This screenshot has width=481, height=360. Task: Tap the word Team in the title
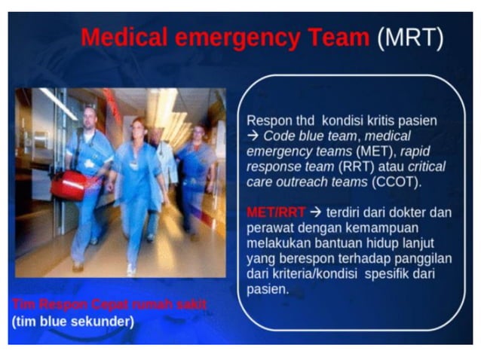(336, 38)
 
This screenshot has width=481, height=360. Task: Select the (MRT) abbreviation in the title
(411, 38)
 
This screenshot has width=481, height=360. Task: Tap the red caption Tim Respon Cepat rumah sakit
(109, 304)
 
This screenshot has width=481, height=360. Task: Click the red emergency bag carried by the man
(67, 185)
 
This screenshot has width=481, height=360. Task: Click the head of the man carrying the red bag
(88, 116)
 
